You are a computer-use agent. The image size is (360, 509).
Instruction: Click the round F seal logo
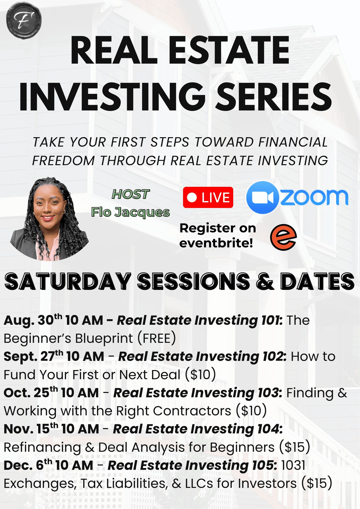(24, 20)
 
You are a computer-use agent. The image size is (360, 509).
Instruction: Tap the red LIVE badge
(208, 197)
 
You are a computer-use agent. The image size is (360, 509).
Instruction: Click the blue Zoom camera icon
(262, 197)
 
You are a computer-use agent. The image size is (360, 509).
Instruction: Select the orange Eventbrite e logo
(283, 237)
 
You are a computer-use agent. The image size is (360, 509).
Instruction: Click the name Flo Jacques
(130, 212)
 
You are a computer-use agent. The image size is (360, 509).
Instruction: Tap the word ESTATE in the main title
(229, 50)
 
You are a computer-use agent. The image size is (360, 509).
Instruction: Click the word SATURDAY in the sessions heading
(68, 281)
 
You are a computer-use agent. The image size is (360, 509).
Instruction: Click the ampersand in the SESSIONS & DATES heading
(265, 281)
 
